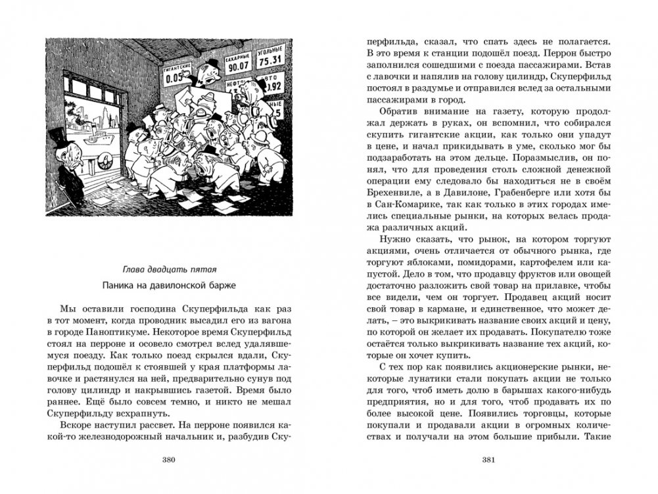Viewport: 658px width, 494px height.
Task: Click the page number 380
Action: [167, 458]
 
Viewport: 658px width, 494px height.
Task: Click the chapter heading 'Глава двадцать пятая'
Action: [169, 269]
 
